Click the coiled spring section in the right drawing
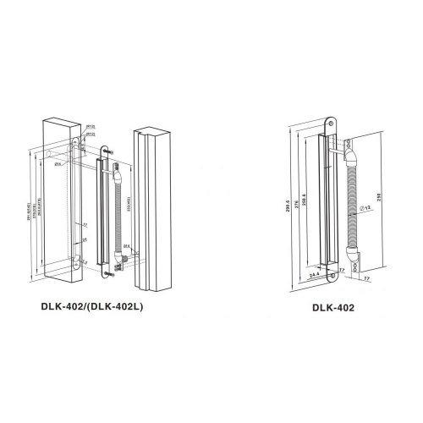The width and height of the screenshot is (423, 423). [354, 207]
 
